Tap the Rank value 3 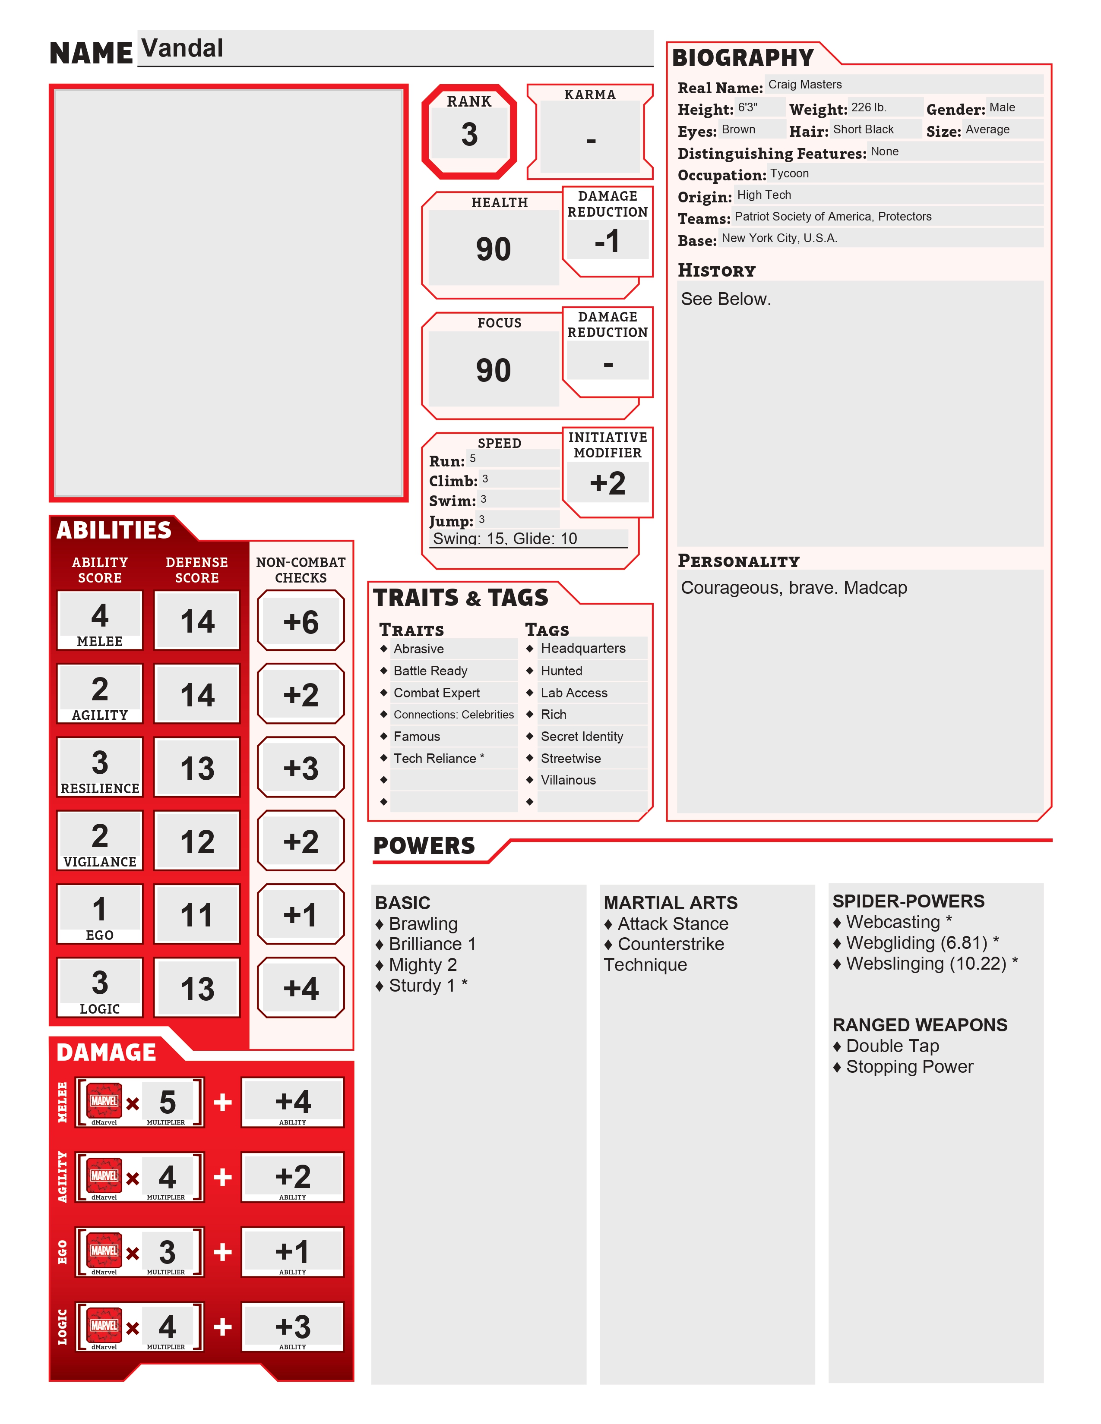(469, 134)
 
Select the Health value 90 (493, 249)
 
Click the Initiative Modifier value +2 (607, 483)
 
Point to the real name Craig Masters (804, 85)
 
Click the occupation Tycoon (789, 173)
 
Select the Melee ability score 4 (100, 615)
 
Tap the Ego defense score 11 (197, 915)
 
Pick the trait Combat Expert (437, 693)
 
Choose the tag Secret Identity (582, 736)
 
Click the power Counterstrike (671, 944)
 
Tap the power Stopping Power (909, 1067)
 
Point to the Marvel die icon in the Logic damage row (104, 1325)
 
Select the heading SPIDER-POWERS (908, 901)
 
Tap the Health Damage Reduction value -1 (607, 241)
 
